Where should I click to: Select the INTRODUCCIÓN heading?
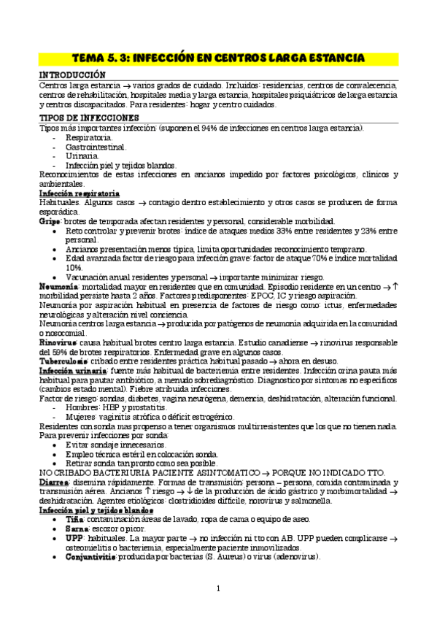coord(71,75)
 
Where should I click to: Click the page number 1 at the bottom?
coord(218,588)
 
